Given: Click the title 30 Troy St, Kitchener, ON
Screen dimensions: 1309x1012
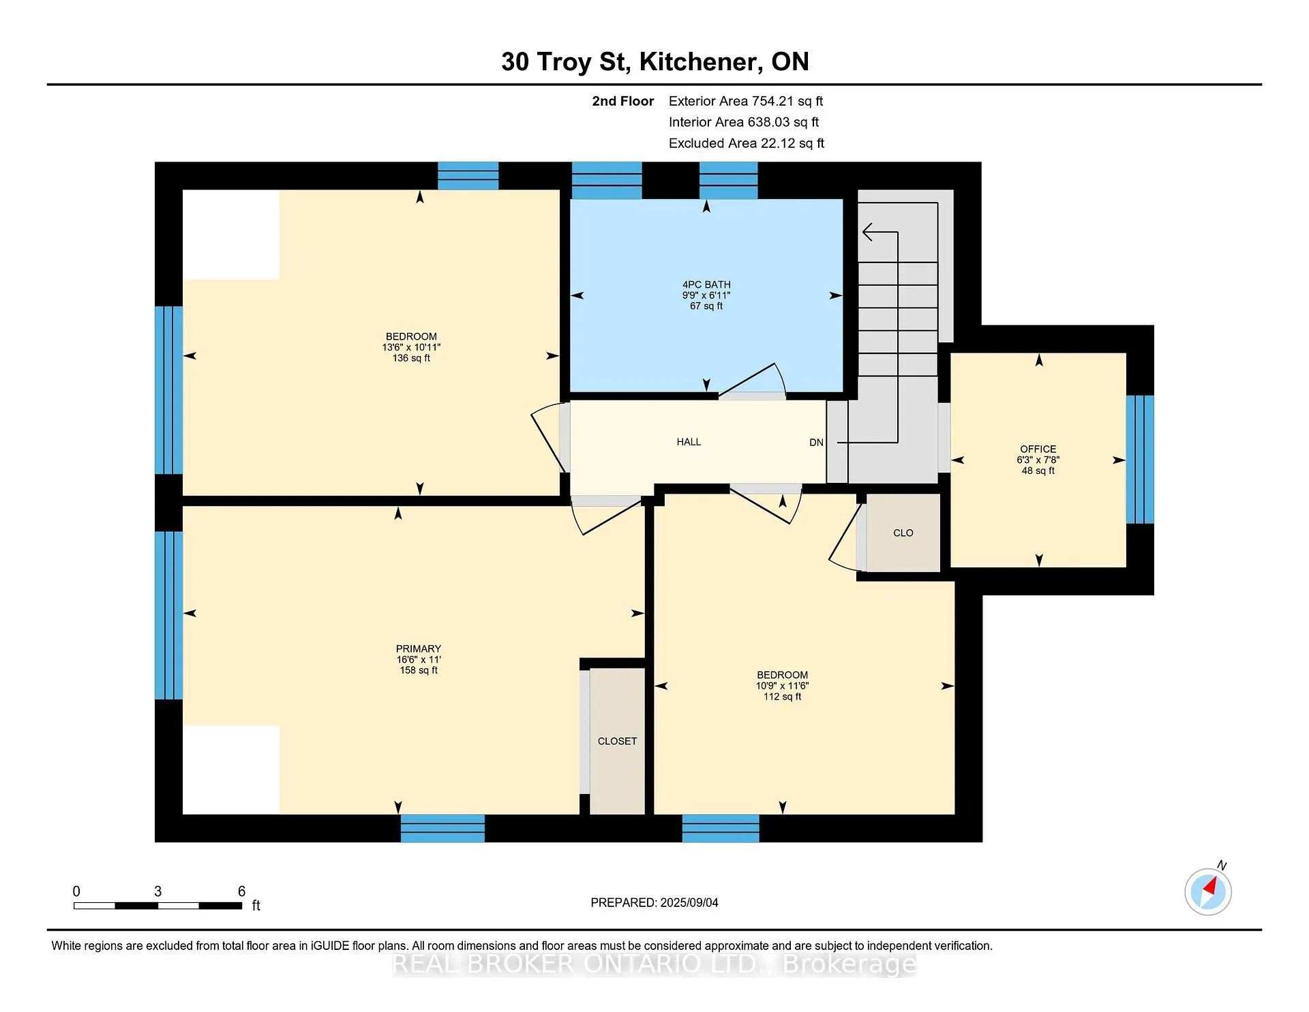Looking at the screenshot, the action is coord(654,61).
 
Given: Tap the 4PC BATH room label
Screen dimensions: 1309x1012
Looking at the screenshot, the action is coord(706,284).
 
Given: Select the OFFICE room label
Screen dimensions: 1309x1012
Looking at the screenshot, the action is coord(1038,449).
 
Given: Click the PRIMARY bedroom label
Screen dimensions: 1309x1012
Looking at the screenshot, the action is coord(419,649).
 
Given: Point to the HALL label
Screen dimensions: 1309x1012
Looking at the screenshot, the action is coord(689,442).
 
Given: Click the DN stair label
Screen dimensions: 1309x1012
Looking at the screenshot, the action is coord(816,443).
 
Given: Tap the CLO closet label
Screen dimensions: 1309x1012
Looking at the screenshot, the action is coord(903,533).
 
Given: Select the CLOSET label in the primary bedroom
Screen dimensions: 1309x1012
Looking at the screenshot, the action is coord(617,741).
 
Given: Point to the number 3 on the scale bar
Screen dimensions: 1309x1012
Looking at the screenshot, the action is coord(157,891).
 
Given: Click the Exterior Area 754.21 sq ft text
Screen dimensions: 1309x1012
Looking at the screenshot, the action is coord(746,101).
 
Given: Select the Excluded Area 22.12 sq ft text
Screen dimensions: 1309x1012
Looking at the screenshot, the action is coord(747,143).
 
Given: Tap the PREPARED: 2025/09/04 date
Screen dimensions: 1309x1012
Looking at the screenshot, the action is coord(654,902).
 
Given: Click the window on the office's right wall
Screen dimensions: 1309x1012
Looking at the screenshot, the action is coord(1140,460).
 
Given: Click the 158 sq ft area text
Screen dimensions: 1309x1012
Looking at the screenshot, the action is coord(419,670).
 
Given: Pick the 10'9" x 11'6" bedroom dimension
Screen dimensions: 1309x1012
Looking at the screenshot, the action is coord(782,686).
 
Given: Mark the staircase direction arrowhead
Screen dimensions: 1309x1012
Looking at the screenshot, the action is coord(868,233).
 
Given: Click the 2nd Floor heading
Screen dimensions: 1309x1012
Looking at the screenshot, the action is coord(622,101).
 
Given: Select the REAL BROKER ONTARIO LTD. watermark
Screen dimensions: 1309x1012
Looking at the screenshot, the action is coord(654,964).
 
